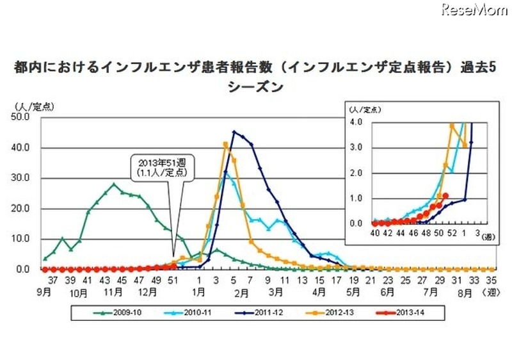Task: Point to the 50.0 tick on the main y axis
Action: (24, 117)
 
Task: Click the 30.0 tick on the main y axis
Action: (24, 177)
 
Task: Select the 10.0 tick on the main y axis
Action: (24, 238)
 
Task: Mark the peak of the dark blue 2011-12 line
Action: (234, 132)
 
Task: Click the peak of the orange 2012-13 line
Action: (225, 143)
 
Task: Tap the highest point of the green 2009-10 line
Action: (113, 184)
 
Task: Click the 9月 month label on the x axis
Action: (44, 292)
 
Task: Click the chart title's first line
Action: (255, 69)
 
